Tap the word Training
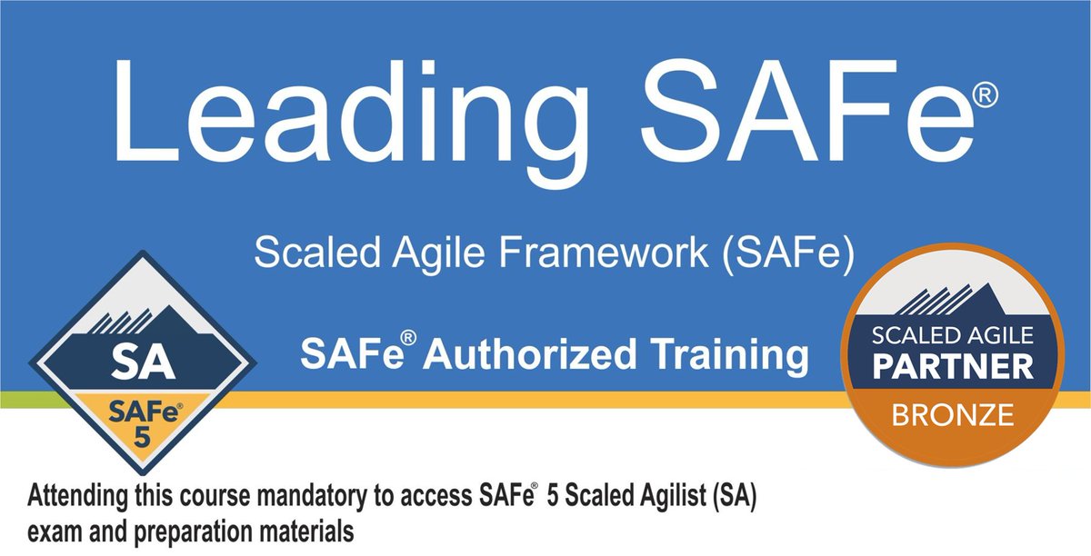tap(718, 355)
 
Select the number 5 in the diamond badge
tap(142, 434)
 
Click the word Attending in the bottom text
tap(77, 498)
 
